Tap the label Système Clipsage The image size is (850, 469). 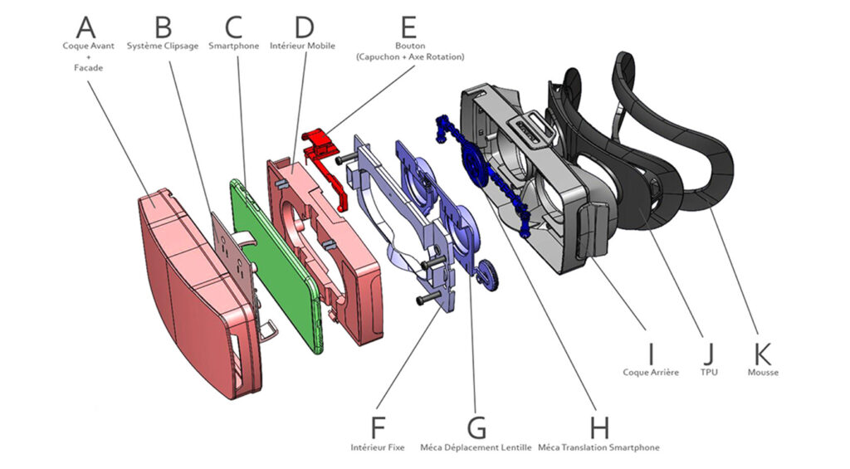(163, 46)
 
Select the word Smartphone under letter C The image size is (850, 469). (233, 46)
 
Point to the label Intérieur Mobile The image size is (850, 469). (302, 46)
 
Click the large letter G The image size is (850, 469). (476, 427)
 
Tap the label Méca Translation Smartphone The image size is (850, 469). (598, 448)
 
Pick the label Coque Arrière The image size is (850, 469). (651, 373)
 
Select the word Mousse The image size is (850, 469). (763, 373)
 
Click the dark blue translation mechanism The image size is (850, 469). (486, 174)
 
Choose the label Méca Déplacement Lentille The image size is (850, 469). (476, 448)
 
